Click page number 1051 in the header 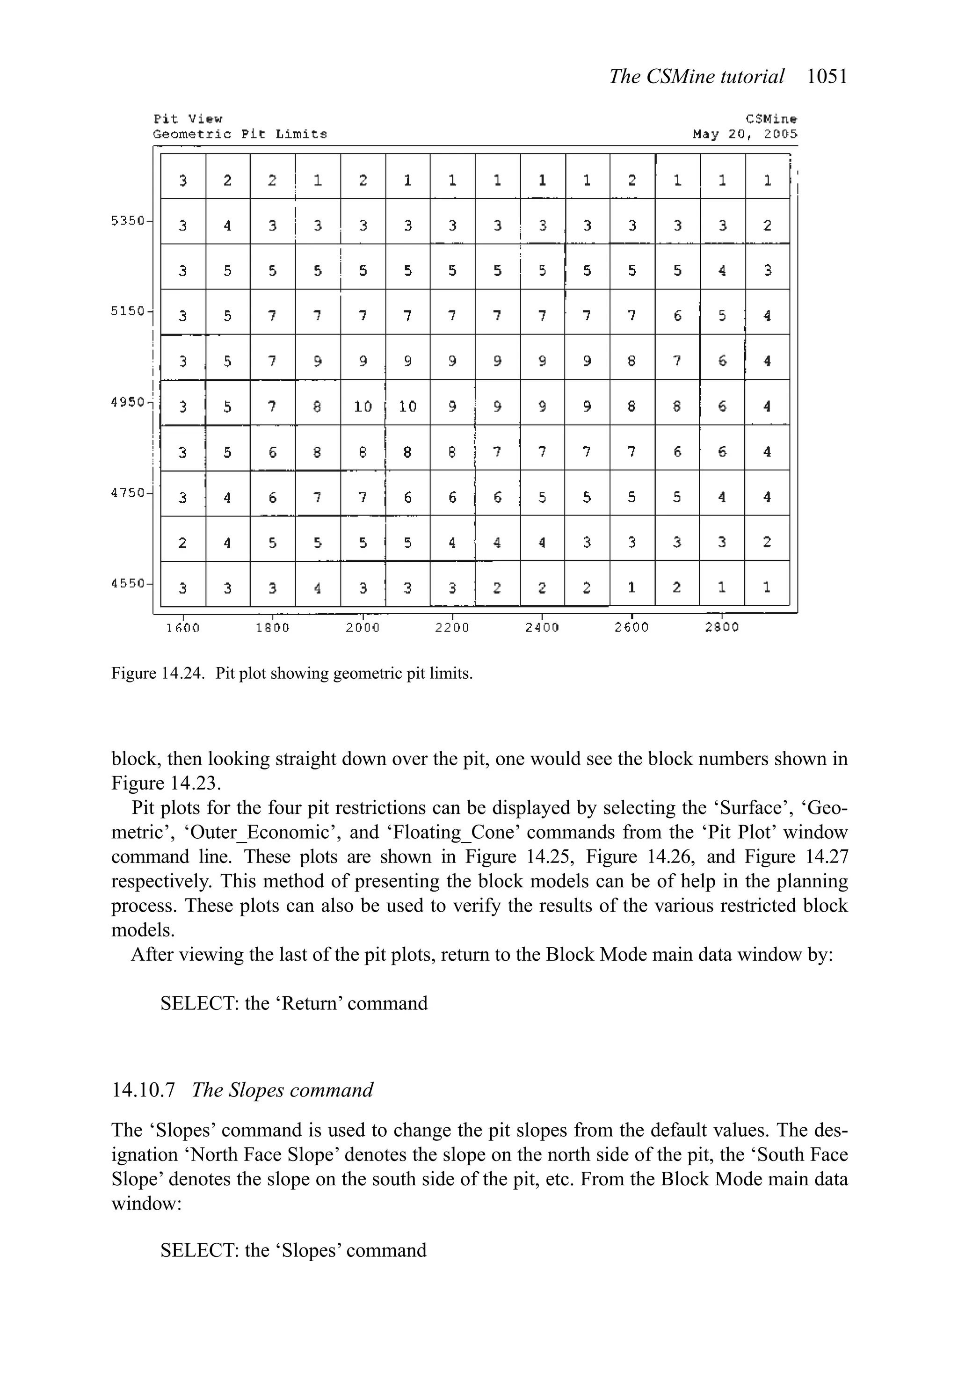click(x=827, y=77)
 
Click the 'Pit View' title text click(x=188, y=119)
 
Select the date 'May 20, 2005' click(x=745, y=134)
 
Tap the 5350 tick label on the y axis click(x=128, y=220)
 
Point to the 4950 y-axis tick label click(x=128, y=402)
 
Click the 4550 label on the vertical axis click(x=128, y=583)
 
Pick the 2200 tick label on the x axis click(x=452, y=627)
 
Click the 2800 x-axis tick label click(x=722, y=627)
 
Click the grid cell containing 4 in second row click(x=228, y=225)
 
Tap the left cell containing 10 click(x=363, y=406)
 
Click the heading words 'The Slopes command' click(x=282, y=1090)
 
